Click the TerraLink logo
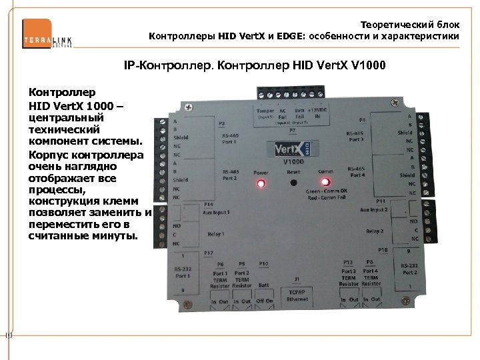[x=47, y=33]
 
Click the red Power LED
[x=261, y=183]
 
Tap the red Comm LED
[x=325, y=182]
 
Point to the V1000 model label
[x=294, y=162]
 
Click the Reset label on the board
[x=293, y=171]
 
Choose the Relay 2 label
[x=375, y=231]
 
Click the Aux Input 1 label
[x=219, y=212]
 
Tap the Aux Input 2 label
[x=374, y=209]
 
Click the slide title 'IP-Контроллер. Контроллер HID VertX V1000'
[x=255, y=67]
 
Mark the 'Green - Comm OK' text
[x=326, y=192]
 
